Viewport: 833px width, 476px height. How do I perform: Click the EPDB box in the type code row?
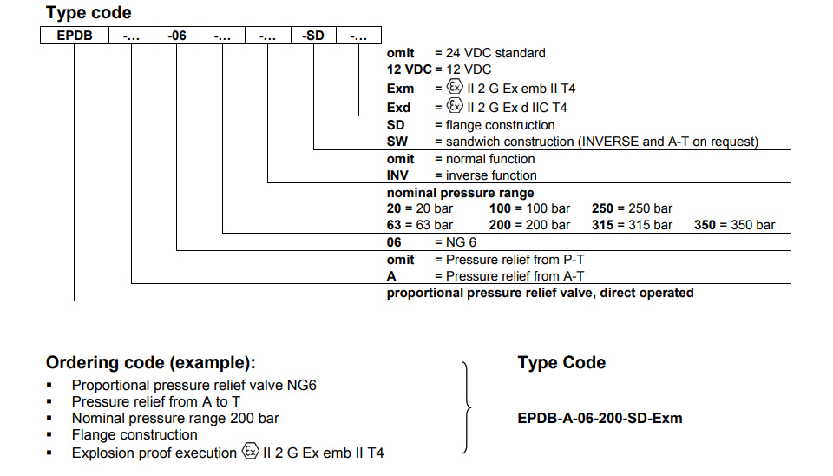75,35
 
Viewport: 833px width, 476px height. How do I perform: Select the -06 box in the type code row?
177,35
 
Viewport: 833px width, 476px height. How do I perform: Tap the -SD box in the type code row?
313,35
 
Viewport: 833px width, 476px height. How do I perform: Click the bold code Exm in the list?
400,89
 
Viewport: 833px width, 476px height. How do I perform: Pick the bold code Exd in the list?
398,108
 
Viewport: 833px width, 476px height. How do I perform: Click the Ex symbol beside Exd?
455,106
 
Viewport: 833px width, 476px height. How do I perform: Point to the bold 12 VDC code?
409,69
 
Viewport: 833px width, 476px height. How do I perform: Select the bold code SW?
397,142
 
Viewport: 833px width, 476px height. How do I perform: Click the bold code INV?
397,175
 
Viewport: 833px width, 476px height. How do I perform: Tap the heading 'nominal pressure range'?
460,193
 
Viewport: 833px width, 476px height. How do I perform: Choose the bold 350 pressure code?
705,225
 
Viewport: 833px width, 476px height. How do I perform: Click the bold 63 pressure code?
394,225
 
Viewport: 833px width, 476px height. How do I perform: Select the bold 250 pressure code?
602,208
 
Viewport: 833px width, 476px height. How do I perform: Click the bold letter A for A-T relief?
391,276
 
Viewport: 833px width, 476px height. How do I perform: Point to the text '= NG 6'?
456,242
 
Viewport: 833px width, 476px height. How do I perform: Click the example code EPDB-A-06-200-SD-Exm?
600,418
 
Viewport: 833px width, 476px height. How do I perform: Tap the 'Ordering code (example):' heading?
150,363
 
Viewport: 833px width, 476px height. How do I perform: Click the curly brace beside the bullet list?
468,408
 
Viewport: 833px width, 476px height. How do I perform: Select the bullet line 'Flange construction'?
134,434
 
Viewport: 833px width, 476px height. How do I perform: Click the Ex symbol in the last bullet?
250,451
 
